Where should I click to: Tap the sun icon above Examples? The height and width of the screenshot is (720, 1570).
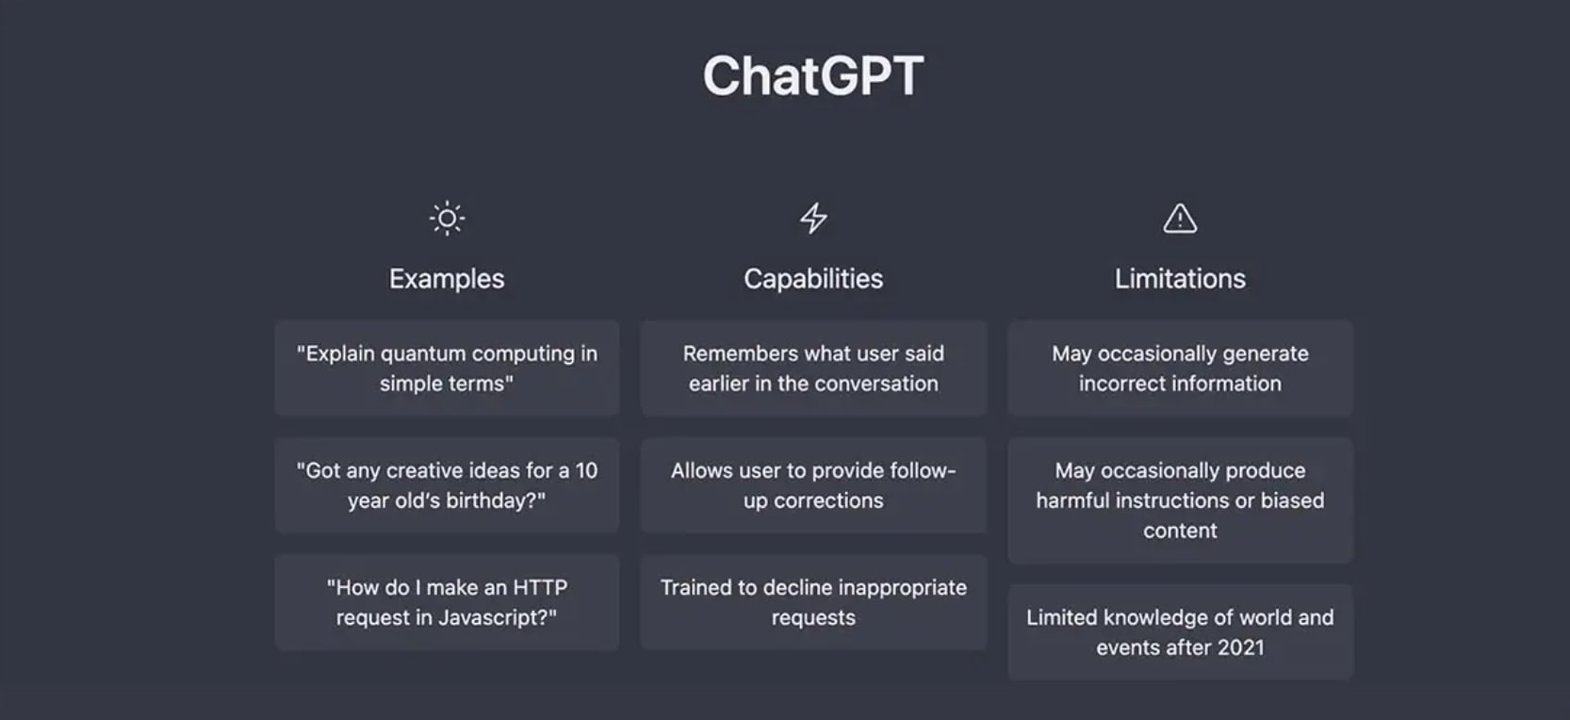coord(448,219)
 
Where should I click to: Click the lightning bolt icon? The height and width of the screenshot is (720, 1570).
coord(813,218)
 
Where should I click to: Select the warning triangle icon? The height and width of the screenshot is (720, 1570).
coord(1180,218)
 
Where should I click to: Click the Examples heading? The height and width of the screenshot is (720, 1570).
coord(448,279)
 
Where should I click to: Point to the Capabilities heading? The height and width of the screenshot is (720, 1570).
coord(813,279)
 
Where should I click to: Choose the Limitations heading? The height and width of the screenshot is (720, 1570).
coord(1180,279)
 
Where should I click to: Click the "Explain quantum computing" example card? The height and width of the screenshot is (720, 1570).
coord(448,368)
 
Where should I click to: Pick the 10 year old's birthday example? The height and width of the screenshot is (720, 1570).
coord(448,485)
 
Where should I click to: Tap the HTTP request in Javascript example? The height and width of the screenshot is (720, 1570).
coord(448,602)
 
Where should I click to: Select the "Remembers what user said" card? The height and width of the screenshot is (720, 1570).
coord(813,368)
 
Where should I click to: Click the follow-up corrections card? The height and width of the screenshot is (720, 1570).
coord(813,485)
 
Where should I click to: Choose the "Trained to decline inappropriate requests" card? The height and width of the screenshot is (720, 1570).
coord(813,602)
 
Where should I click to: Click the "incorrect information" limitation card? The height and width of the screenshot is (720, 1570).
coord(1180,368)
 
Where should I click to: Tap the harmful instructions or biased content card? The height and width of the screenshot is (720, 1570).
coord(1180,499)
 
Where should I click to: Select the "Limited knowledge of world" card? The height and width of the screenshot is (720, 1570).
coord(1180,631)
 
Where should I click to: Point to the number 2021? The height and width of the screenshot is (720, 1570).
coord(1240,647)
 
